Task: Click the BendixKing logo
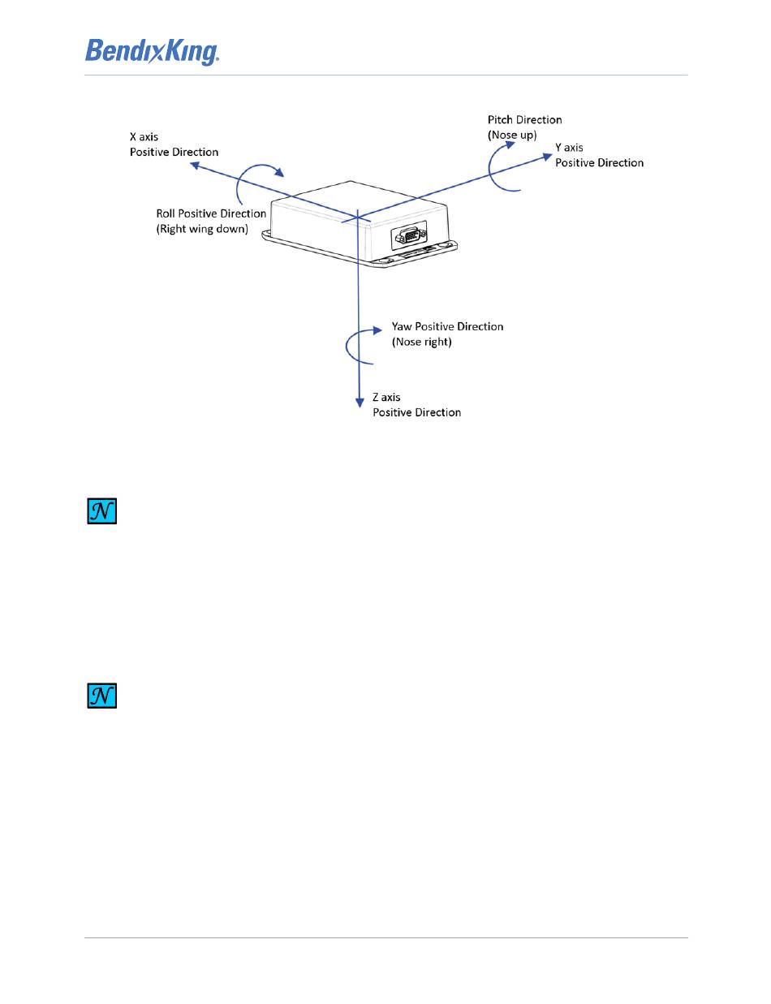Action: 153,53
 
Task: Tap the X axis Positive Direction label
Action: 174,144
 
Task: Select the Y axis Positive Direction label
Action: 599,155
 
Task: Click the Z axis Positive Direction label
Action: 416,404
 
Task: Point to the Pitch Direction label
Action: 524,119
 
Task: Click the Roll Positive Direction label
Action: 211,213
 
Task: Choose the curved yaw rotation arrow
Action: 360,345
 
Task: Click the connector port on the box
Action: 407,238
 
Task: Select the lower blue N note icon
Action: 102,696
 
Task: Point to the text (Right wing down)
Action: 202,230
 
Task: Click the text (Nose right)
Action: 422,343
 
